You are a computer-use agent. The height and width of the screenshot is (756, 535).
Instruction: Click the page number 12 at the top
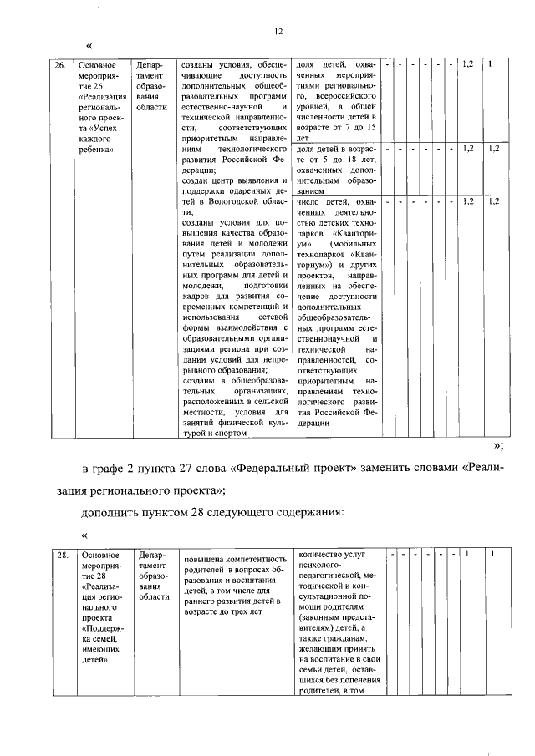279,31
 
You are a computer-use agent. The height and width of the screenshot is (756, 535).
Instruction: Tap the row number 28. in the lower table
62,554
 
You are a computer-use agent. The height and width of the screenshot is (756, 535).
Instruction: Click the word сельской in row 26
265,402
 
